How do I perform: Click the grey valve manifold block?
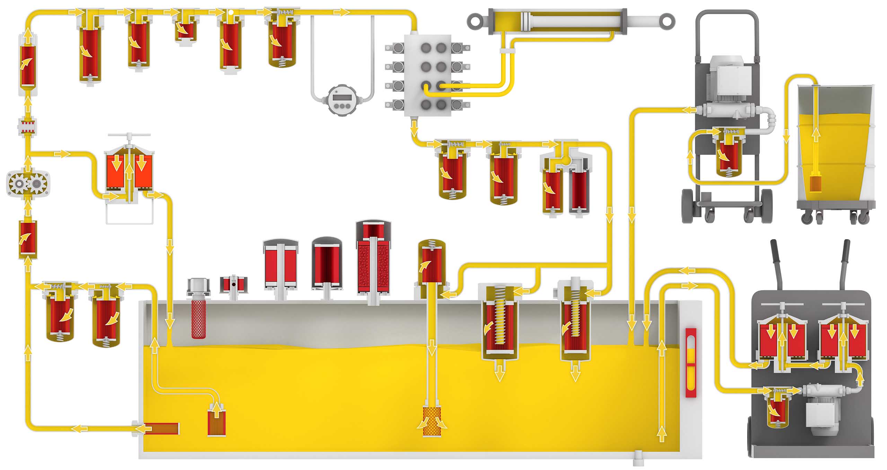tap(428, 75)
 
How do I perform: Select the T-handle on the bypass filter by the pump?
tap(129, 135)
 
